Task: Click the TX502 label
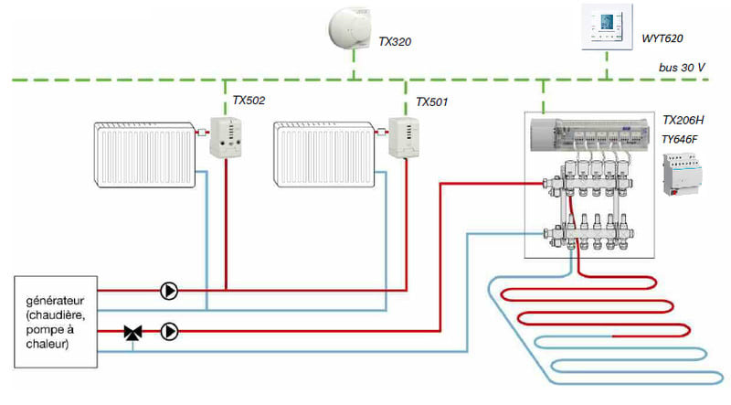click(249, 101)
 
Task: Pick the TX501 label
click(431, 101)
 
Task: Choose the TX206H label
click(683, 121)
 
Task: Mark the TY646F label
click(682, 138)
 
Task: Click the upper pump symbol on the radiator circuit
click(169, 291)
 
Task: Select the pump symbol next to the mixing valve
click(169, 331)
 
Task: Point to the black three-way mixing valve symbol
click(132, 333)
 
